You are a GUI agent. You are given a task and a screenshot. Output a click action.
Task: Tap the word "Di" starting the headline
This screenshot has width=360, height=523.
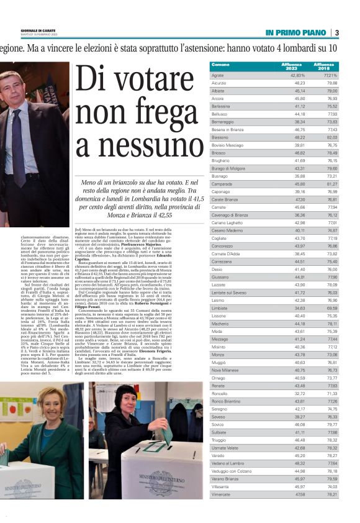pyautogui.click(x=94, y=80)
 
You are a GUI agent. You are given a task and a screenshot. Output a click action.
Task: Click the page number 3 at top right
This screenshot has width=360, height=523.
pyautogui.click(x=336, y=32)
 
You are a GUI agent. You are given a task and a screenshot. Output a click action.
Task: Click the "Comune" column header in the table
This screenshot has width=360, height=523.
pyautogui.click(x=220, y=65)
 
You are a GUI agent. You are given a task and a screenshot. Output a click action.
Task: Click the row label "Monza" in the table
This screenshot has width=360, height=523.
pyautogui.click(x=218, y=354)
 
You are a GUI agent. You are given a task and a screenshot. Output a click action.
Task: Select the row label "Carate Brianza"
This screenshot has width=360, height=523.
pyautogui.click(x=225, y=200)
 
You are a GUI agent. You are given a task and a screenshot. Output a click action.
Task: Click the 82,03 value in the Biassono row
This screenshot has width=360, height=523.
pyautogui.click(x=330, y=137)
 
